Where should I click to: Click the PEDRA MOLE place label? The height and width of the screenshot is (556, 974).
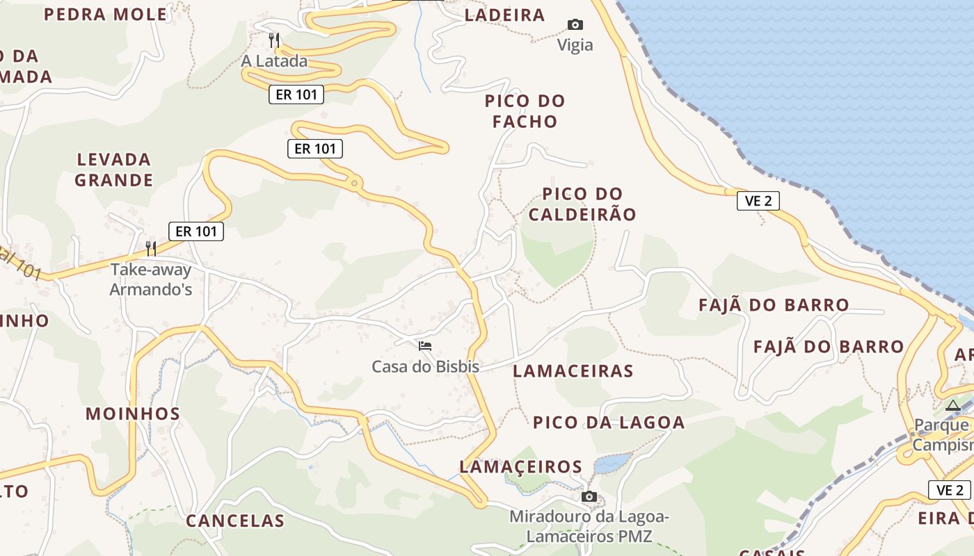(106, 14)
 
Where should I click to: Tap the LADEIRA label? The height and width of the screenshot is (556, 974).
(504, 15)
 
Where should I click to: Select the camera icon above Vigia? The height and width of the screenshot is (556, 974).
(575, 25)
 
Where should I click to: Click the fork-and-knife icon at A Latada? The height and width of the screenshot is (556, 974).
(275, 39)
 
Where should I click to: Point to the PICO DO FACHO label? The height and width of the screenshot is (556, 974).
(525, 111)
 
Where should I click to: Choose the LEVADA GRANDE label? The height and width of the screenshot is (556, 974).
(114, 170)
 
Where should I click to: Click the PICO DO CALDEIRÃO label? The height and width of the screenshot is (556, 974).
(582, 204)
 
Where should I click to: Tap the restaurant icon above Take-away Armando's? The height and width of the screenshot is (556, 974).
(150, 248)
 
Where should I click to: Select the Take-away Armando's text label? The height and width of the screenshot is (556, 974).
(150, 279)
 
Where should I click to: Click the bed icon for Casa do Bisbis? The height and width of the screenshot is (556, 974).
(425, 345)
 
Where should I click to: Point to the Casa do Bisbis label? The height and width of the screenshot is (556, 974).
(425, 366)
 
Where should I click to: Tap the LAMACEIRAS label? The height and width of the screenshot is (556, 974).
(573, 371)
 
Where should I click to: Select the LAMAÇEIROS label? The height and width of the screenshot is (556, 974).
(520, 466)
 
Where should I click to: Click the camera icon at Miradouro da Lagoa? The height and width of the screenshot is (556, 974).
(589, 496)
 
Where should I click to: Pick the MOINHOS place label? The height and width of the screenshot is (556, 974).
(133, 414)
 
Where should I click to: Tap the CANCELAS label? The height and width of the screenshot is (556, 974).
(235, 521)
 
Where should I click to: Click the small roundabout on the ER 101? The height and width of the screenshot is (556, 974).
(356, 183)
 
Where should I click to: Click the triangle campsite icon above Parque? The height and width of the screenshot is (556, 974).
(952, 404)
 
